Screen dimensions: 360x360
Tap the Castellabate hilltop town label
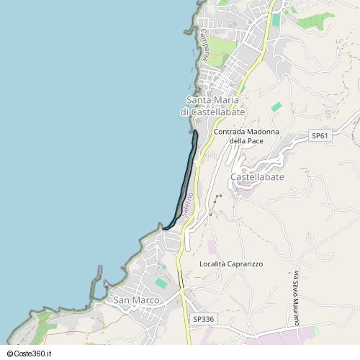[x=257, y=177]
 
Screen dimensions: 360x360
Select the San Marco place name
[x=136, y=300]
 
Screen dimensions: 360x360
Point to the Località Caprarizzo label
[x=231, y=264]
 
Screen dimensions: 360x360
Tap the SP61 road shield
[x=320, y=135]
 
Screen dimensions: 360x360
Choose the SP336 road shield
[x=204, y=319]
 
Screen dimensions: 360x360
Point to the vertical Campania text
[x=204, y=43]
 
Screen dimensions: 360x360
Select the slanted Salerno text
[x=187, y=206]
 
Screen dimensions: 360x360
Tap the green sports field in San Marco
[x=161, y=283]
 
